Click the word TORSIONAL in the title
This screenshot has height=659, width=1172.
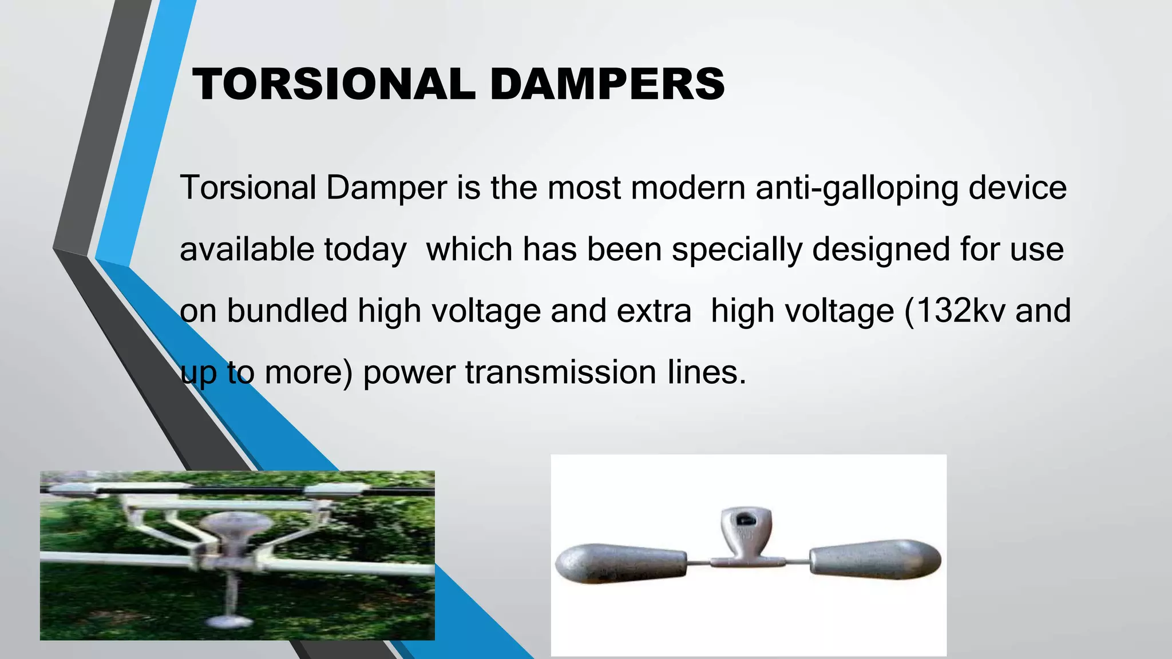(x=334, y=84)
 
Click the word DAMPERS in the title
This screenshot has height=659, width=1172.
(x=607, y=84)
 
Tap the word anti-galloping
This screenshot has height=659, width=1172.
(x=857, y=188)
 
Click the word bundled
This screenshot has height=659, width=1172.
(x=287, y=311)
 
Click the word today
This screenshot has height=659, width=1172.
(x=365, y=250)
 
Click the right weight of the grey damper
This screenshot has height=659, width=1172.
(x=876, y=558)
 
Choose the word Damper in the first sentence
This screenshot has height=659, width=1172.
(x=386, y=188)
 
